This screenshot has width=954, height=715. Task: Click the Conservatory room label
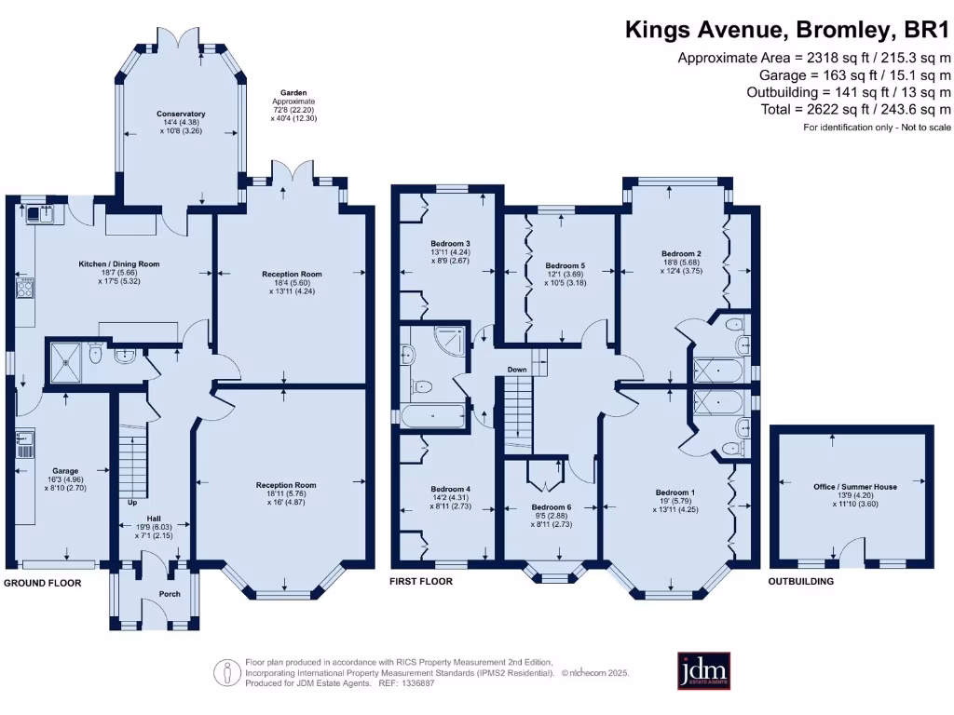[181, 114]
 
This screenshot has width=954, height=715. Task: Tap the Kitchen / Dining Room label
[119, 263]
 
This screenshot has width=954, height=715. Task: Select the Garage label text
[65, 470]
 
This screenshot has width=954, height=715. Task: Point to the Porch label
[170, 594]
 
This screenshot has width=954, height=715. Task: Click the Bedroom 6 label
[552, 507]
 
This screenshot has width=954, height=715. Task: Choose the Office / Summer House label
[855, 486]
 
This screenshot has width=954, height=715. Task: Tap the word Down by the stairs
[517, 369]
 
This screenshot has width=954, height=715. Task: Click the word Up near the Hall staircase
[132, 502]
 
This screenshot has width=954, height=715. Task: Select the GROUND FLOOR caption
[43, 583]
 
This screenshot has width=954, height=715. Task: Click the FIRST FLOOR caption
[421, 581]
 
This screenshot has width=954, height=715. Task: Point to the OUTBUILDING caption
[800, 581]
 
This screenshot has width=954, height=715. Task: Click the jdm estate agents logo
[704, 671]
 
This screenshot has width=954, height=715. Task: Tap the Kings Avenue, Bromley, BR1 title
[787, 30]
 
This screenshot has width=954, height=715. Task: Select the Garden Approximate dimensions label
[293, 106]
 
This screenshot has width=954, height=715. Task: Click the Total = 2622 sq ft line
[855, 110]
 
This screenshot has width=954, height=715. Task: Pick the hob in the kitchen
[25, 288]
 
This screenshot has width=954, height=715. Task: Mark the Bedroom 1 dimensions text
[675, 506]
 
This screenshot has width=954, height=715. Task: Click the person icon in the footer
[227, 673]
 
